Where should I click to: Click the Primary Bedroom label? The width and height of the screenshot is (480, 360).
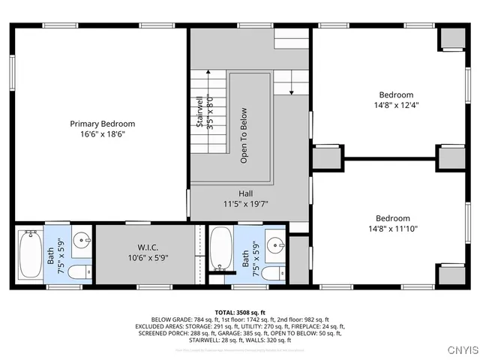point(102,124)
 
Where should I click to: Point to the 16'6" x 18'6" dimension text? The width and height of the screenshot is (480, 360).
point(102,135)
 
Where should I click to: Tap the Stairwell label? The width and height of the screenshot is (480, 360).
point(200,112)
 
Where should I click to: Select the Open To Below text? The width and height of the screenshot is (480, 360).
point(244,136)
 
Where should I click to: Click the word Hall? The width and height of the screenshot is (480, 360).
point(246,193)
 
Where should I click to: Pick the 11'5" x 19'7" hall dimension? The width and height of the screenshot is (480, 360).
point(246,203)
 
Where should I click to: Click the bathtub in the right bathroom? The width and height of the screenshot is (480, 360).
point(220,248)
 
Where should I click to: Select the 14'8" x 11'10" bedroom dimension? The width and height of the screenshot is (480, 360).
point(393,229)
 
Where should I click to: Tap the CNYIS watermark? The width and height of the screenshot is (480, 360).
point(458,349)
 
